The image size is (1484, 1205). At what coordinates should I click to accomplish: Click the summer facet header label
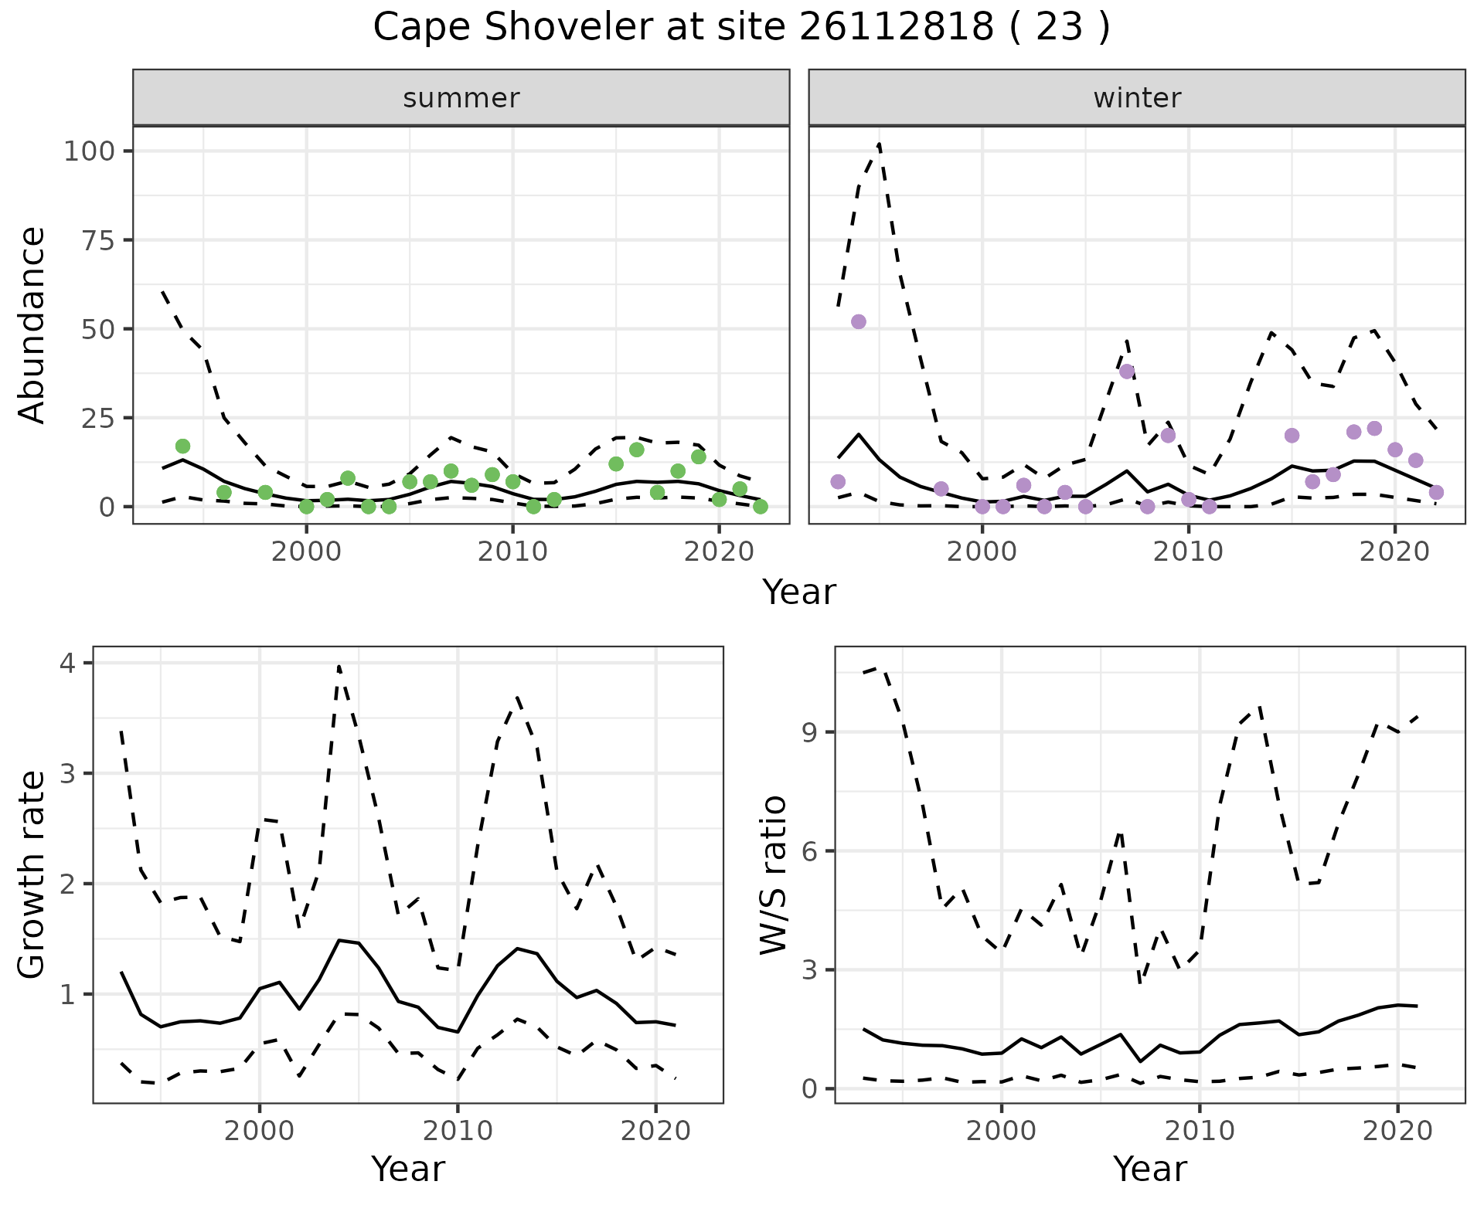[461, 98]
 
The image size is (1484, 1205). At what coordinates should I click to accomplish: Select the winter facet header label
[1136, 98]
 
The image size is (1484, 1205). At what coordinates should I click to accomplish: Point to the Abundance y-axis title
[32, 324]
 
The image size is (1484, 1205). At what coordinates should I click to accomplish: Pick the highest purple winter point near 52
[858, 321]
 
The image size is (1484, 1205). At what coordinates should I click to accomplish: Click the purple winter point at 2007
[1127, 372]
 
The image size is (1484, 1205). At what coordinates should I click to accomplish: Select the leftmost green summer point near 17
[182, 446]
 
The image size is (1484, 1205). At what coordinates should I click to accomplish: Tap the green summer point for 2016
[637, 450]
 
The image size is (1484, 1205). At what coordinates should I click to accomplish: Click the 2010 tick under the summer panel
[512, 552]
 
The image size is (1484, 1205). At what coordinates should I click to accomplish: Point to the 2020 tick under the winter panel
[1394, 552]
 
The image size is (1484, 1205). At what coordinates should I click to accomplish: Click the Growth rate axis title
[32, 875]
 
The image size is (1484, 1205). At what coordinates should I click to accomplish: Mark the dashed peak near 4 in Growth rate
[339, 666]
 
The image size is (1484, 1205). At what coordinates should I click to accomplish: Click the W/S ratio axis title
[773, 875]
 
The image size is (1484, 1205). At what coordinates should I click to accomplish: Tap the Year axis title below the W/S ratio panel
[1150, 1169]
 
